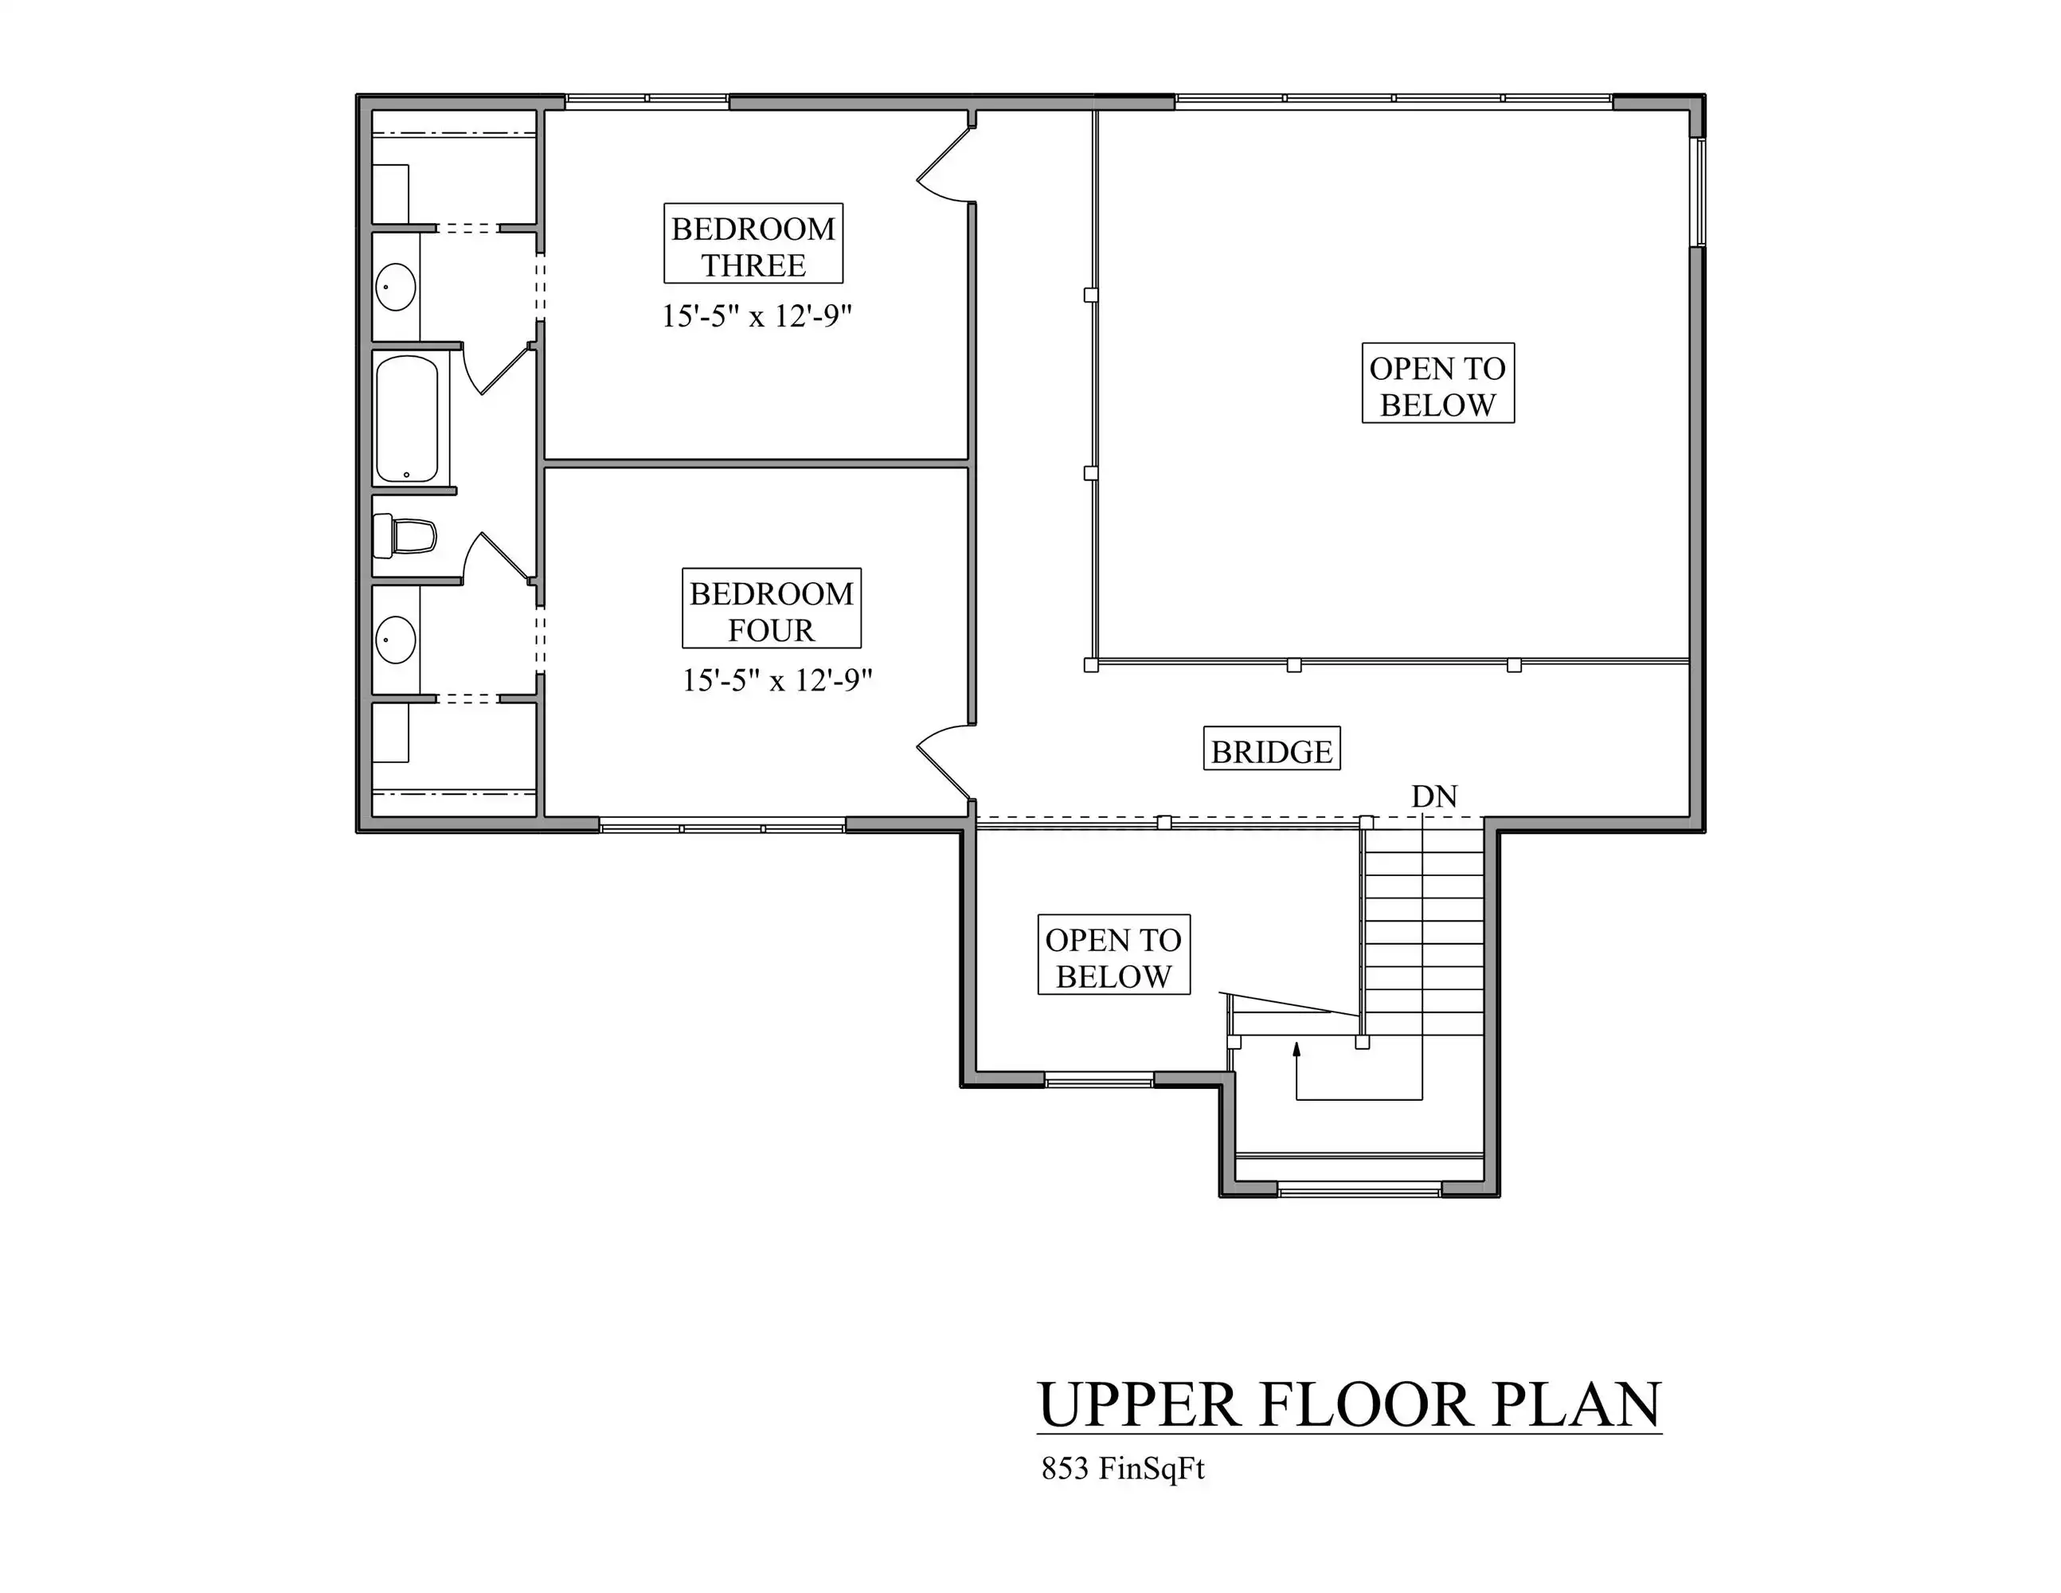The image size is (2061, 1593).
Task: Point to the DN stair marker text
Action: pyautogui.click(x=1434, y=796)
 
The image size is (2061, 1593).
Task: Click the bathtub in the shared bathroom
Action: pyautogui.click(x=407, y=418)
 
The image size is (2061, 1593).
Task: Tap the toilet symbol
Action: pyautogui.click(x=405, y=536)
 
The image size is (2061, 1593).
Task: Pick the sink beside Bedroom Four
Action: pyautogui.click(x=396, y=640)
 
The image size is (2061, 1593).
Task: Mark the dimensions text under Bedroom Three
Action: pyautogui.click(x=756, y=315)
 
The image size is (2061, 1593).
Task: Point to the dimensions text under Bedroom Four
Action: pyautogui.click(x=776, y=679)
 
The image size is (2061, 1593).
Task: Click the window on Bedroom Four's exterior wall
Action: pyautogui.click(x=722, y=827)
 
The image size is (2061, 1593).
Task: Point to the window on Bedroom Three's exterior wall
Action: pyautogui.click(x=647, y=99)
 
